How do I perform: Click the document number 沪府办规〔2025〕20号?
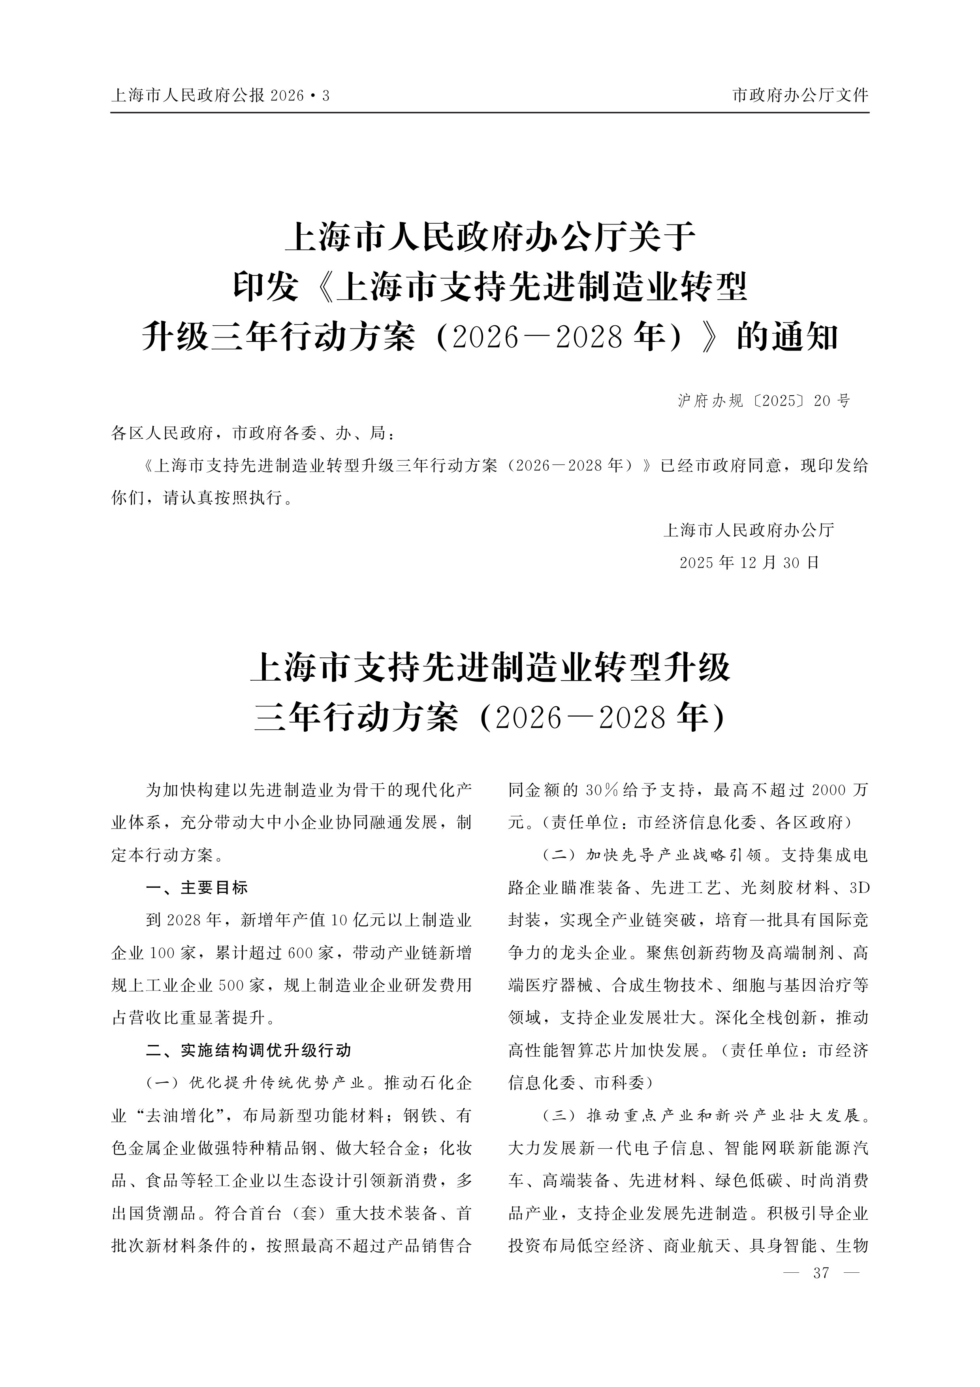(x=764, y=400)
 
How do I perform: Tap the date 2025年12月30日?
(x=749, y=562)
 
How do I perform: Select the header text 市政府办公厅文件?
(x=800, y=95)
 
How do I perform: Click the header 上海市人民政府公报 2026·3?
(x=220, y=95)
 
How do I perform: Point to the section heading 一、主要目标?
(x=197, y=887)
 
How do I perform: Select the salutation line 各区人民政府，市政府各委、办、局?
(x=254, y=433)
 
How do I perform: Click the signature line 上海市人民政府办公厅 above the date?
(x=749, y=530)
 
